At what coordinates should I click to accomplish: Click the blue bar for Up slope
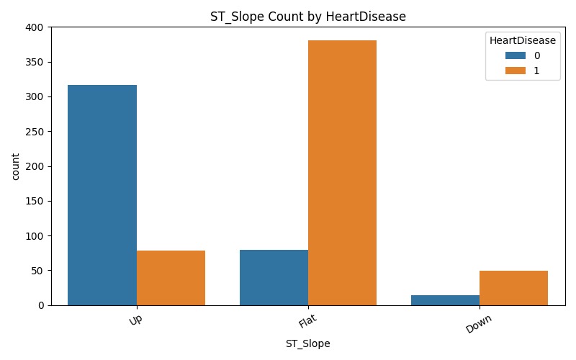point(103,195)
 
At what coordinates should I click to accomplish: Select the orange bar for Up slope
point(171,278)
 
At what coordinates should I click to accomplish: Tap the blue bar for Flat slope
point(274,277)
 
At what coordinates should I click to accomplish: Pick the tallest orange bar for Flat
point(342,173)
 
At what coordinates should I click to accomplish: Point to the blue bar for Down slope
point(445,300)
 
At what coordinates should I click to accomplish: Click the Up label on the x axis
point(135,320)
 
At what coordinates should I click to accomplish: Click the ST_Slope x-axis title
point(308,344)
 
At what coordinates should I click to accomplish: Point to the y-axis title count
point(12,166)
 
